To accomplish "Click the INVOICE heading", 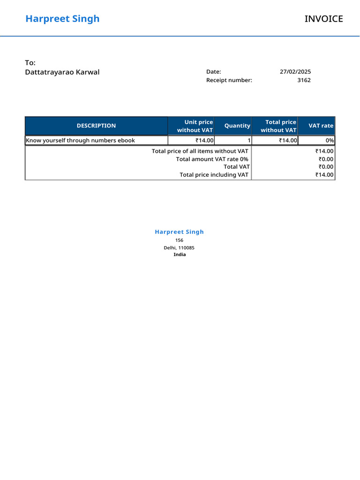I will (323, 19).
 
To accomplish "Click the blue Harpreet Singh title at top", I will (62, 19).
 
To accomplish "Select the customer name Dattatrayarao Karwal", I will (62, 72).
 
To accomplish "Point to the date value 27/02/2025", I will (295, 72).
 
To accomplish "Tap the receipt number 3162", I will (304, 80).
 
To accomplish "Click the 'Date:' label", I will (213, 72).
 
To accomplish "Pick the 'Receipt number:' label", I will (229, 80).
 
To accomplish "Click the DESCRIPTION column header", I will (96, 126).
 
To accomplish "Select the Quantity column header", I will (237, 126).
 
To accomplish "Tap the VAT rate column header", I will (321, 126).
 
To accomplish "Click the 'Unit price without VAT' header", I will (195, 126).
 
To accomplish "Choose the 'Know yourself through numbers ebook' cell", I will (80, 140).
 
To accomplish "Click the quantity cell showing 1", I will (249, 140).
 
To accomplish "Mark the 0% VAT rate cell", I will (330, 140).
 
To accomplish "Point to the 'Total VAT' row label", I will (236, 166).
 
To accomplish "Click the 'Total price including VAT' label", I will (214, 175).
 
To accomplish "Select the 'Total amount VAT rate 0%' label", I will (212, 159).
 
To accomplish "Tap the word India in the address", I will (180, 255).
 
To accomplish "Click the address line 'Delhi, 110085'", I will (179, 247).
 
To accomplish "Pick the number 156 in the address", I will (179, 240).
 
